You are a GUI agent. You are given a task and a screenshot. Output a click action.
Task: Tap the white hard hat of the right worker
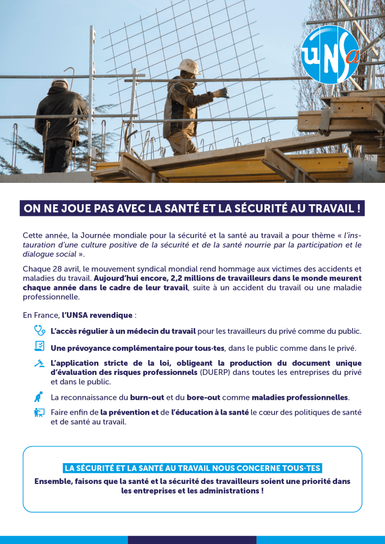click(x=188, y=66)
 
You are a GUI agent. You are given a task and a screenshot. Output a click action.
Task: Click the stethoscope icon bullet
click(x=39, y=330)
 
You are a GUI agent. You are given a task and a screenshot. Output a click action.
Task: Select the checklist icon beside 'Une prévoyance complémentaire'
click(x=39, y=347)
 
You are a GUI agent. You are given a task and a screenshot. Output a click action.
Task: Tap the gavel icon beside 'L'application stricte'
click(x=39, y=364)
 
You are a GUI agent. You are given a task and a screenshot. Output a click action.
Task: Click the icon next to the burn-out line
click(x=38, y=397)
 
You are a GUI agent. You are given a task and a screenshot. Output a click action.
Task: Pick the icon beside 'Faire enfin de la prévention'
click(x=39, y=412)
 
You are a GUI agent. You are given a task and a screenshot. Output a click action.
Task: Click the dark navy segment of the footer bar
click(x=192, y=540)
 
